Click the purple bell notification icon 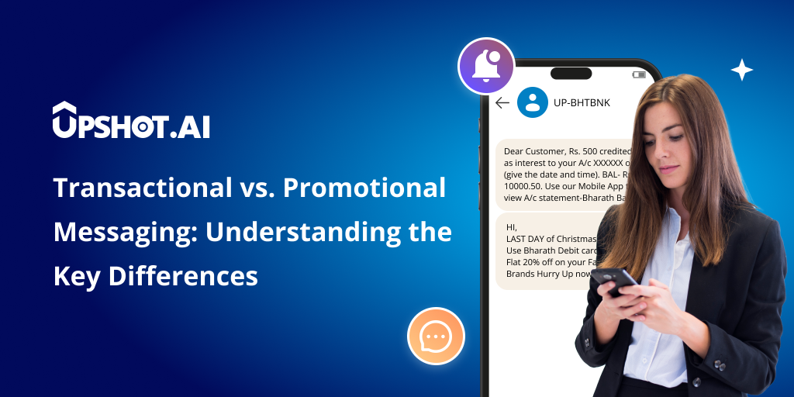point(486,66)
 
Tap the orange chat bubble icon point(436,336)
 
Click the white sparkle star point(741,70)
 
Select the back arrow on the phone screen point(502,102)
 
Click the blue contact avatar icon point(533,102)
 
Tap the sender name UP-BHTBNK point(580,102)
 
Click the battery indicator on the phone point(638,75)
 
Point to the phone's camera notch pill point(576,74)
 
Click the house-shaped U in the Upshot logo point(64,121)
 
